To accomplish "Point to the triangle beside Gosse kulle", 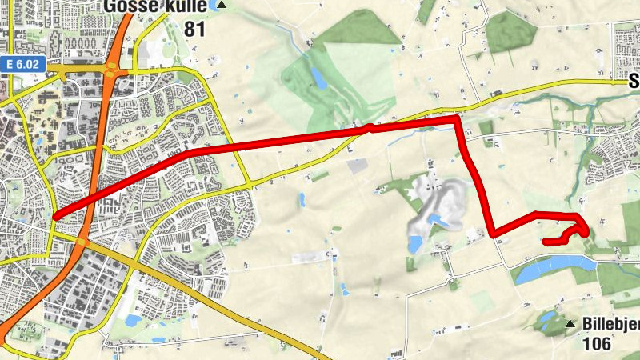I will (222, 6).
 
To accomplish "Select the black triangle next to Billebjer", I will (570, 324).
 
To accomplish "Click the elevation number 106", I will (597, 344).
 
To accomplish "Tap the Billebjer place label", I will (611, 324).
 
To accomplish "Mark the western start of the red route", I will (54, 216).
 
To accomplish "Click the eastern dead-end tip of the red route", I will (545, 241).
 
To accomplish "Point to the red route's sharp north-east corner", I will (457, 118).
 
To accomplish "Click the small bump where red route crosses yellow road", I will (368, 126).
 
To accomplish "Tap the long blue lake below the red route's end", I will (552, 270).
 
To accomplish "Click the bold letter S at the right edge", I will (634, 81).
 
